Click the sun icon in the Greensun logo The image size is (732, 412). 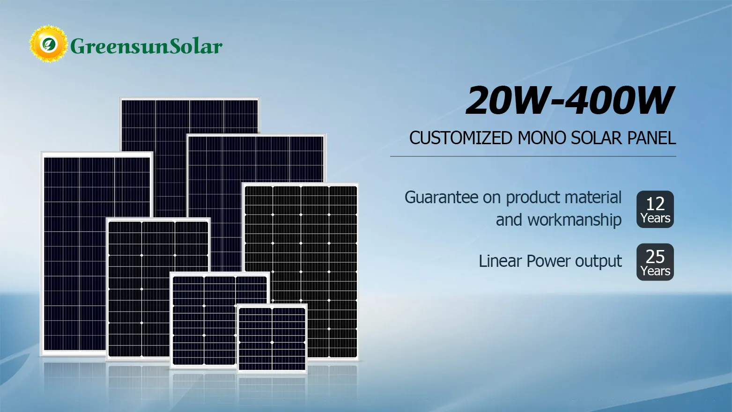click(48, 44)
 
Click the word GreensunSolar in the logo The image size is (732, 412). click(146, 46)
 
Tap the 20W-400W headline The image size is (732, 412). click(569, 101)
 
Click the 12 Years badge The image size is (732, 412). click(655, 209)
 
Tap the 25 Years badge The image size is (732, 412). click(655, 262)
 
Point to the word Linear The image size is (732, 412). click(500, 261)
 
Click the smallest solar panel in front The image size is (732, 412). click(272, 338)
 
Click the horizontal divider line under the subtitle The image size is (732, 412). click(533, 156)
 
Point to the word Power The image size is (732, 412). click(548, 261)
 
